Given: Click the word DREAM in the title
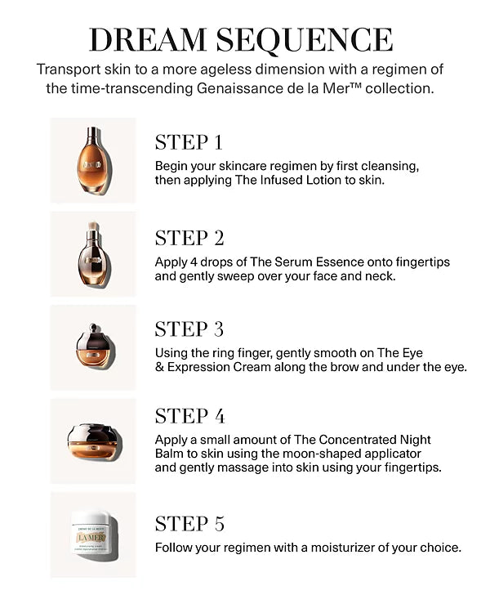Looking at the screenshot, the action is (x=148, y=40).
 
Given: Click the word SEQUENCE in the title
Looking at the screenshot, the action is (x=305, y=41).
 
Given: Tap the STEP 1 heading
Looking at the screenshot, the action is (x=189, y=142).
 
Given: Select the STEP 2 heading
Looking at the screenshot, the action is (x=189, y=238).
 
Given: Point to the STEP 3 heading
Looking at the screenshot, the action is (x=189, y=329).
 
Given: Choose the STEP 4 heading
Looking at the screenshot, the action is (x=190, y=416).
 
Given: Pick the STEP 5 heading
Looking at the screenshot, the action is (x=190, y=524).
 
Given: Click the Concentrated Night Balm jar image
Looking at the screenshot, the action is (x=94, y=441).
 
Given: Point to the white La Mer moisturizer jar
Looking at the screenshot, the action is (x=95, y=535).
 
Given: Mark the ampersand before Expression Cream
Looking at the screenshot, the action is (x=159, y=368).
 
